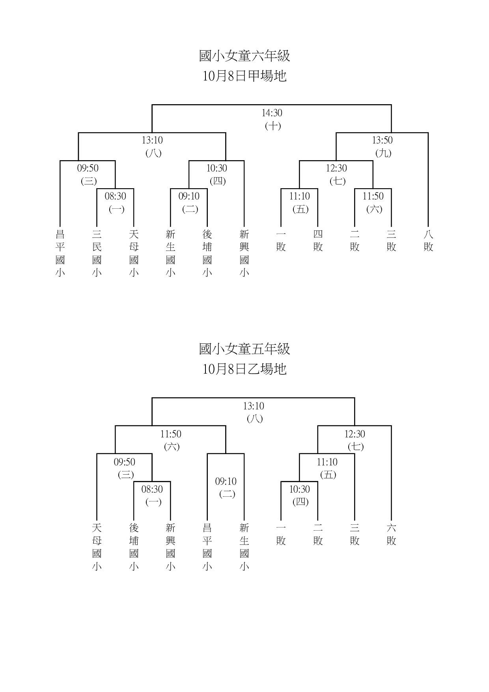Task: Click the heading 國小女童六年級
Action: click(x=244, y=56)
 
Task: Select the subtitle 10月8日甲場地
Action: click(x=244, y=76)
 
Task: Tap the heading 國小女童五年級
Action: click(x=244, y=349)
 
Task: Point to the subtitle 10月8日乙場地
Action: click(x=244, y=369)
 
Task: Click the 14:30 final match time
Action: click(x=272, y=113)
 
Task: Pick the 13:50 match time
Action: click(x=383, y=140)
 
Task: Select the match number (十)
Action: click(x=272, y=126)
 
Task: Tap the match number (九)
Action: click(x=383, y=153)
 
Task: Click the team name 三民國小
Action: click(x=97, y=253)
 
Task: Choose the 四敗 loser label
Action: click(x=318, y=241)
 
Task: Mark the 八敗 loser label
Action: click(x=428, y=241)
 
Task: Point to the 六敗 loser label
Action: click(x=391, y=534)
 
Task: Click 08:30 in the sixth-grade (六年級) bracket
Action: click(x=116, y=196)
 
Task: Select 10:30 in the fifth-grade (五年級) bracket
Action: click(x=300, y=489)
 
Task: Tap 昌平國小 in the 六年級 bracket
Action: click(x=60, y=253)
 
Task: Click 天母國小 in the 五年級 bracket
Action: click(x=97, y=547)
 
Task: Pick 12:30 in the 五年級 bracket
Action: click(x=355, y=434)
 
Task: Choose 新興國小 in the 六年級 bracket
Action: click(x=244, y=253)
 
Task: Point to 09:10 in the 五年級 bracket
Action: click(x=226, y=481)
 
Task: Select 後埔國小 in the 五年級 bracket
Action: click(x=134, y=547)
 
